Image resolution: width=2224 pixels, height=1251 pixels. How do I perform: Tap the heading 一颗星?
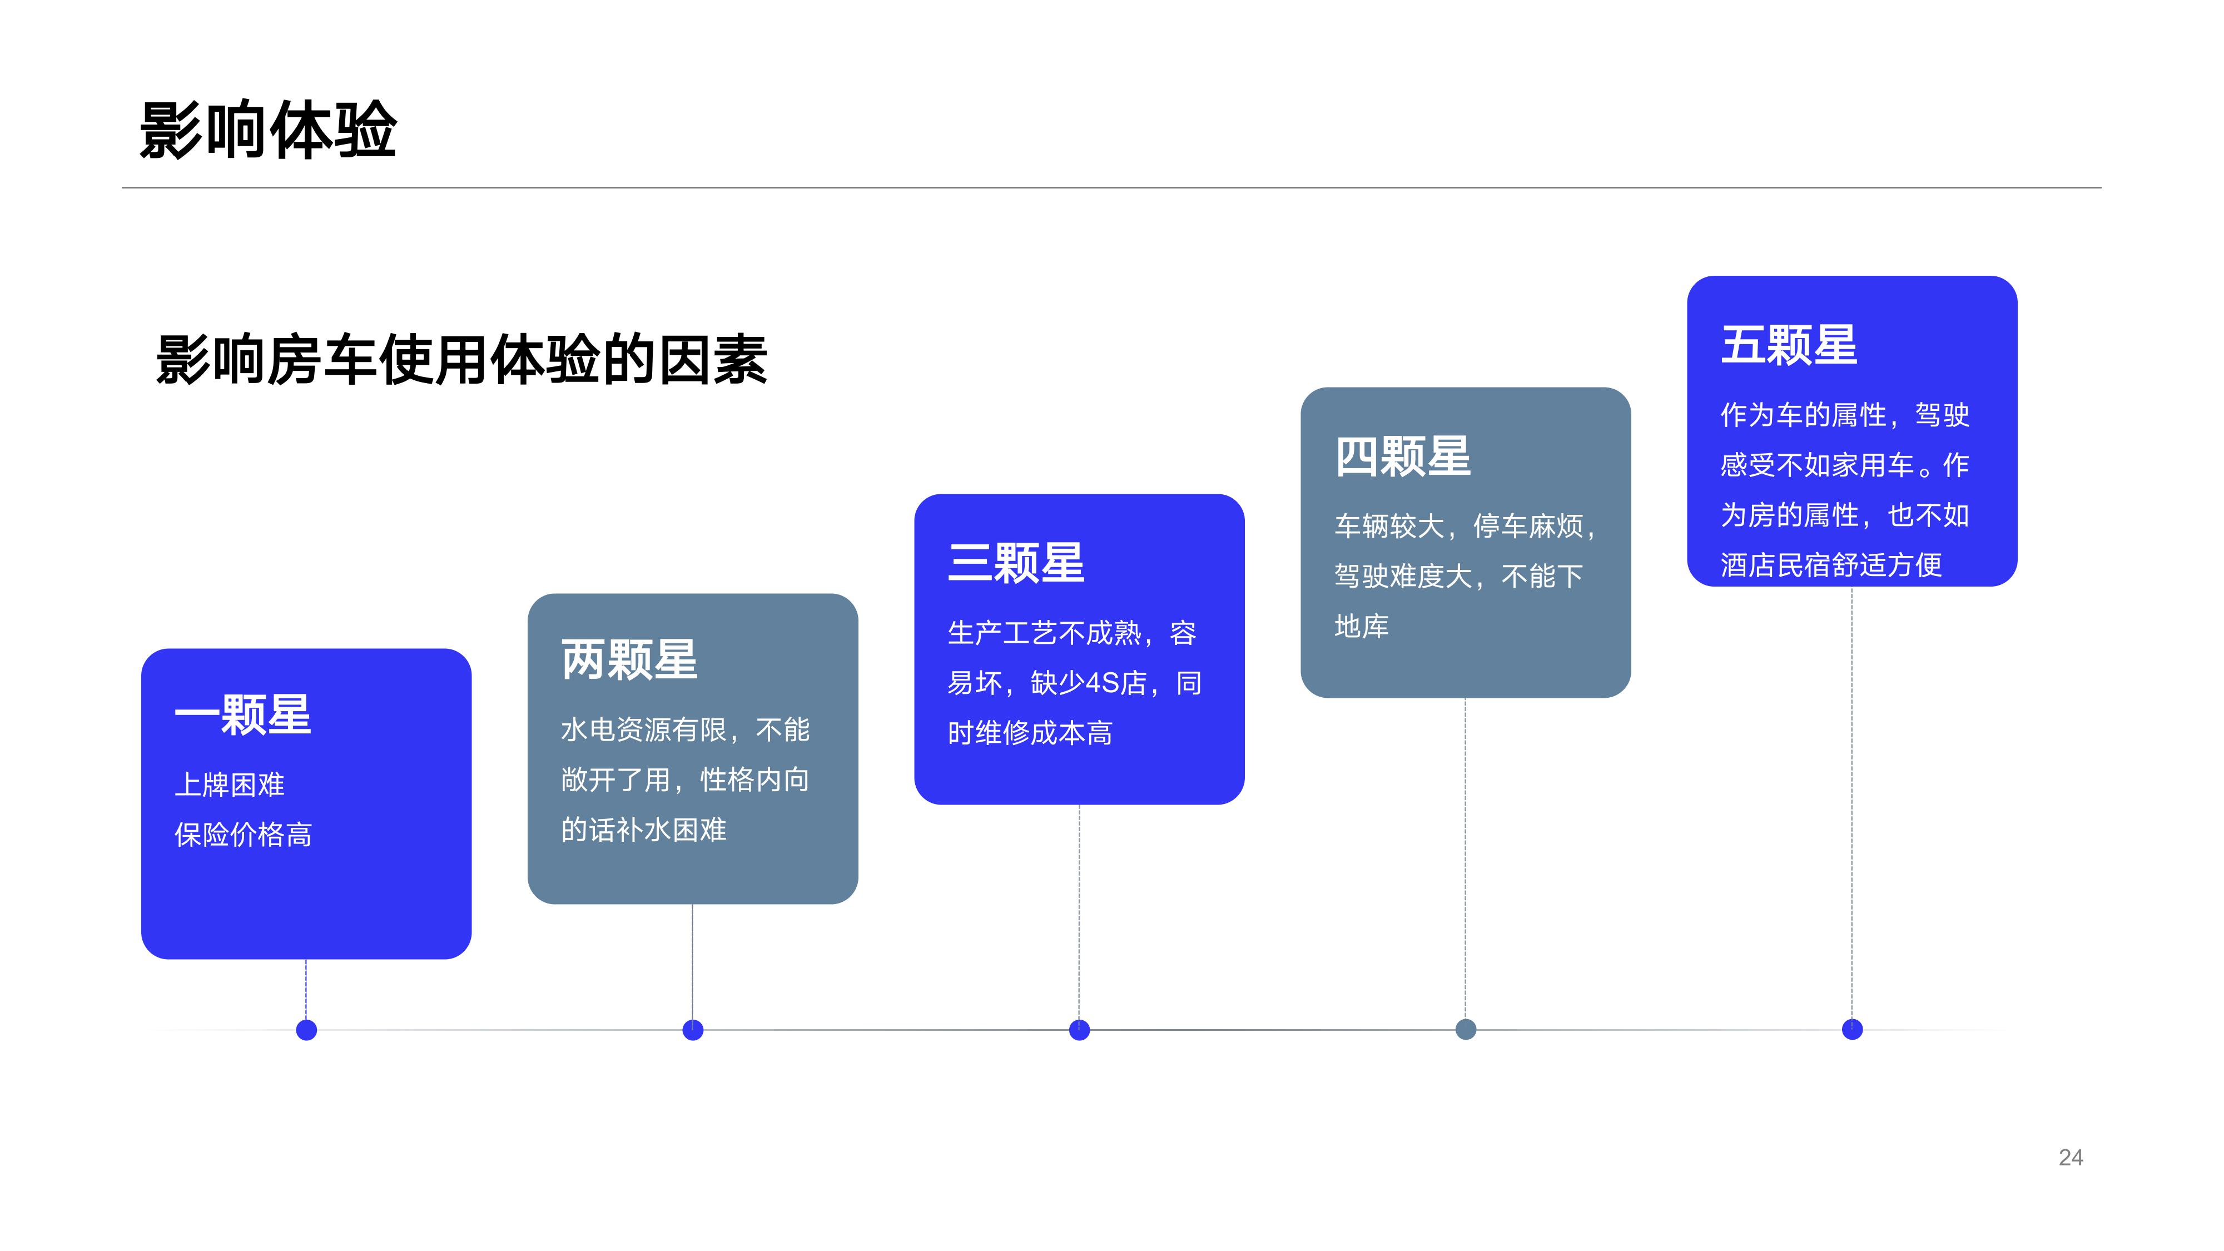click(x=242, y=715)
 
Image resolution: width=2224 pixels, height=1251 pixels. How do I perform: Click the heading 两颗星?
click(x=629, y=659)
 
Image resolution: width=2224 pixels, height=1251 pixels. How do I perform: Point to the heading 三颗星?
click(x=1016, y=563)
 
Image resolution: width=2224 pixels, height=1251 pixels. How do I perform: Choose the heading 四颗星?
click(x=1403, y=456)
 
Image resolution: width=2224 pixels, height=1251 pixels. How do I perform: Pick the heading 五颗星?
click(x=1789, y=345)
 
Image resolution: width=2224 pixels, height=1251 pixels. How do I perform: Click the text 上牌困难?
click(x=230, y=785)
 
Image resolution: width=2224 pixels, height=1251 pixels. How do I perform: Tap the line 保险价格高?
click(x=244, y=835)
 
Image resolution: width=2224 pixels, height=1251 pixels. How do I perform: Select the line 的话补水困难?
click(x=644, y=830)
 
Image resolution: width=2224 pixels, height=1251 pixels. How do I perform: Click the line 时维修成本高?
click(x=1030, y=733)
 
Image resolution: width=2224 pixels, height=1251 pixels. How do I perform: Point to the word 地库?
click(x=1362, y=626)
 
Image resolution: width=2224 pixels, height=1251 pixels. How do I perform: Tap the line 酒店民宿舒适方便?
click(x=1831, y=565)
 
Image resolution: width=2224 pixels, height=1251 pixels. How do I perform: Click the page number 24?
click(x=2071, y=1158)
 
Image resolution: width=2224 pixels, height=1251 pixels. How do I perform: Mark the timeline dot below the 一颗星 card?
click(x=306, y=1030)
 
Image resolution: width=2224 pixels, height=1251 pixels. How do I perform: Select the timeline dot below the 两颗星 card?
click(x=692, y=1030)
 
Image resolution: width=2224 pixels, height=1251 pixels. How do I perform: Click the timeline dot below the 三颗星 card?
click(x=1079, y=1030)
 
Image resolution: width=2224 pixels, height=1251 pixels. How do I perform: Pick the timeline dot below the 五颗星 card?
click(x=1852, y=1029)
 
